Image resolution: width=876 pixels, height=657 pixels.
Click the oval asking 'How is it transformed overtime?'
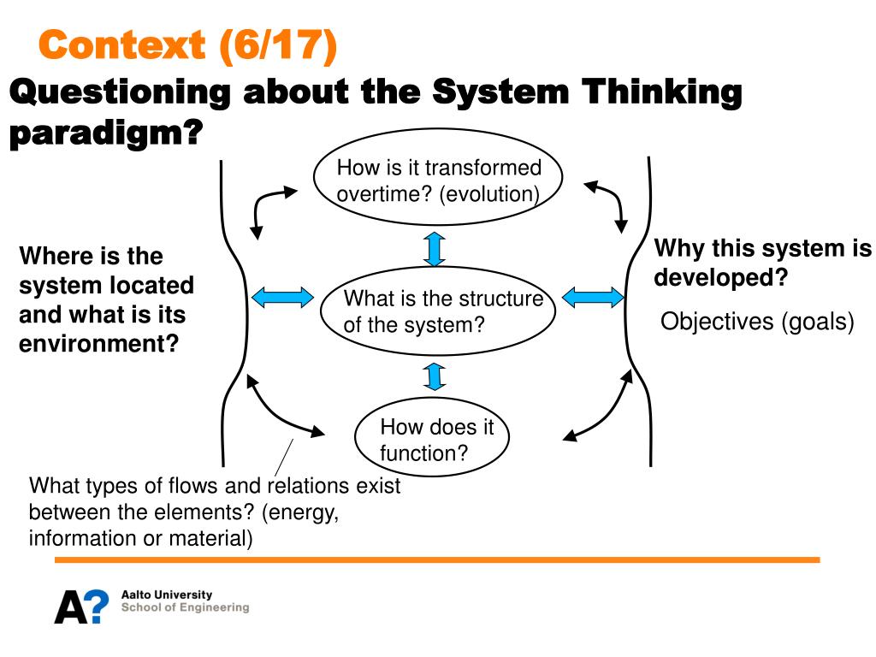(x=438, y=181)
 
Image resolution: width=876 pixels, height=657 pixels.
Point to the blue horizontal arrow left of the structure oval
(x=283, y=298)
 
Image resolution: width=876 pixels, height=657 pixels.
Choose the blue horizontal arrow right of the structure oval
(x=593, y=298)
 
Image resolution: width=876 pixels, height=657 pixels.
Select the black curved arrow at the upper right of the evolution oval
(x=608, y=204)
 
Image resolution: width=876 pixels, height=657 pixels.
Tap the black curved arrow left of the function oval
(x=281, y=409)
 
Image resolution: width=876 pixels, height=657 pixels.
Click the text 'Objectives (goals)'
(x=758, y=323)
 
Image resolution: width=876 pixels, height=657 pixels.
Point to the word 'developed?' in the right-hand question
(x=720, y=279)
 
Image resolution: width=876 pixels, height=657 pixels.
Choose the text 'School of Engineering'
(x=186, y=607)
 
